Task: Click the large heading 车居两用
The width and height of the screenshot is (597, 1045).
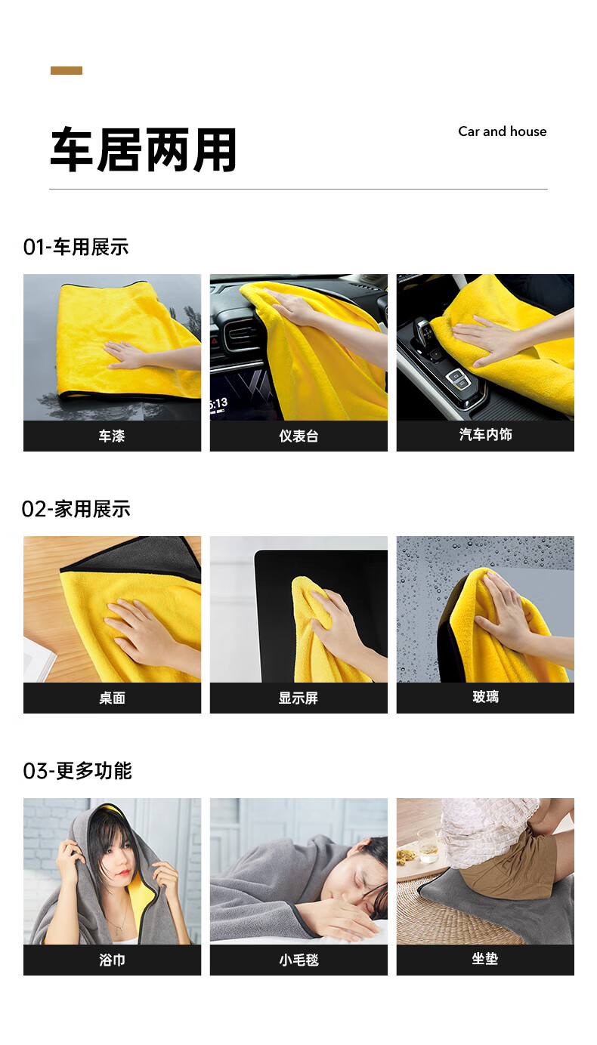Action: click(x=144, y=150)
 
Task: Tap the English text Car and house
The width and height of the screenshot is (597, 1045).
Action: click(x=503, y=131)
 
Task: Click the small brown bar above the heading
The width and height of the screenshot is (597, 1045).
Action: click(x=67, y=70)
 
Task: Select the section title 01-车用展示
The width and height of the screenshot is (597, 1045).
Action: click(x=76, y=247)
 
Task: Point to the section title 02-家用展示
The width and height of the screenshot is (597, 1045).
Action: click(x=76, y=509)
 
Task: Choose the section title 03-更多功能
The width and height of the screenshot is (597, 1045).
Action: click(x=77, y=771)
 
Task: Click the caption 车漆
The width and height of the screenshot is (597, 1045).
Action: click(x=112, y=436)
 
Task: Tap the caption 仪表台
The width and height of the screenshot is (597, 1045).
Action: click(x=298, y=436)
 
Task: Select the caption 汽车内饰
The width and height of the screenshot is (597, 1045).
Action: click(x=485, y=434)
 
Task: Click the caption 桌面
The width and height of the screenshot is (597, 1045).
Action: click(x=112, y=698)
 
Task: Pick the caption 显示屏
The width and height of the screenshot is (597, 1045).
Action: click(x=298, y=698)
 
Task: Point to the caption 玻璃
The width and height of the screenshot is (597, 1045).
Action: click(x=485, y=696)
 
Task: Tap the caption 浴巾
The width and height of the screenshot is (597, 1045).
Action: click(x=112, y=960)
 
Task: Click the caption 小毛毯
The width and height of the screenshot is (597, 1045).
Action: click(x=298, y=960)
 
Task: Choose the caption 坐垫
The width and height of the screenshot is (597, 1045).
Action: click(x=485, y=958)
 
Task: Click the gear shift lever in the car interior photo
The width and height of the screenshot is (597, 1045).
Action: click(x=425, y=332)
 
